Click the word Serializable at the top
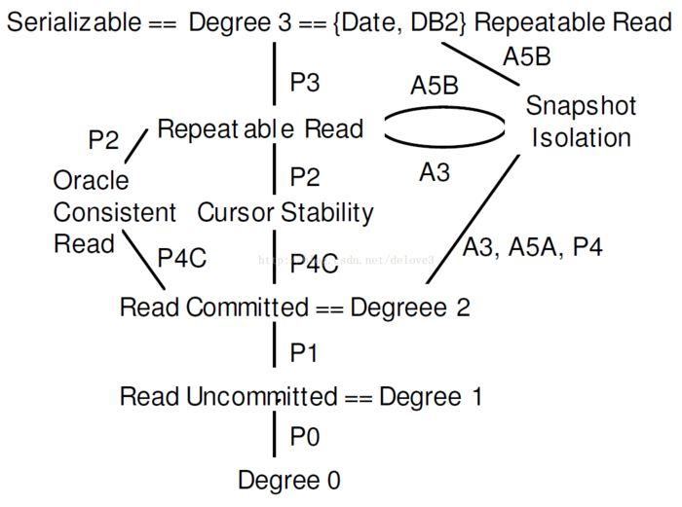[x=73, y=22]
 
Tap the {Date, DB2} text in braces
[x=399, y=22]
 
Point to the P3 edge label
[x=305, y=83]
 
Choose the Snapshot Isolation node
[x=581, y=122]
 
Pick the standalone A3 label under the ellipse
[x=435, y=172]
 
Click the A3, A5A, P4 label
[x=532, y=247]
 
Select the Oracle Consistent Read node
[x=102, y=212]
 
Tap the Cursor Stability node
[x=285, y=212]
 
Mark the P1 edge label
[x=305, y=352]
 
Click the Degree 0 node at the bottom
[x=289, y=480]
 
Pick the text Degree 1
[x=431, y=396]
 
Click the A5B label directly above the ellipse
[x=435, y=86]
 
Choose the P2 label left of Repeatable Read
[x=102, y=140]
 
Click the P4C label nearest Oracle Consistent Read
[x=181, y=259]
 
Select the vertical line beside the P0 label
[x=275, y=437]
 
